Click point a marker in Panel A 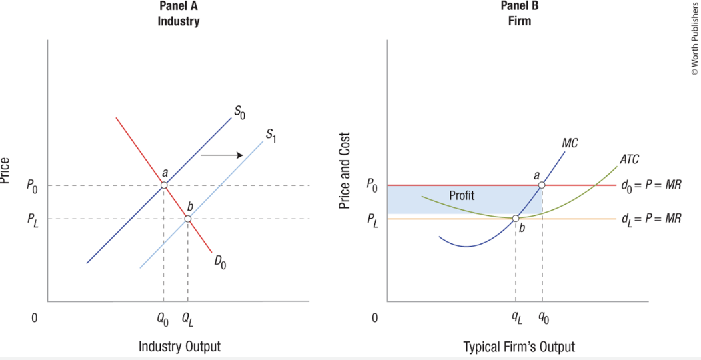(164, 185)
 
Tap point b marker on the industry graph (188, 219)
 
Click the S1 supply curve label (271, 134)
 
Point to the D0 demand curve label (221, 262)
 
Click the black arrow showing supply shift (221, 155)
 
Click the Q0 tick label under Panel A (163, 319)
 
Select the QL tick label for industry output (188, 319)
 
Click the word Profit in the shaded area (462, 196)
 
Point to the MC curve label (570, 143)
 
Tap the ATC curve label (629, 159)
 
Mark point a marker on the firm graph (542, 185)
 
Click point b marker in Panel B (516, 218)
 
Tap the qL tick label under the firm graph (516, 319)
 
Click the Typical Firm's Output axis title (519, 347)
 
